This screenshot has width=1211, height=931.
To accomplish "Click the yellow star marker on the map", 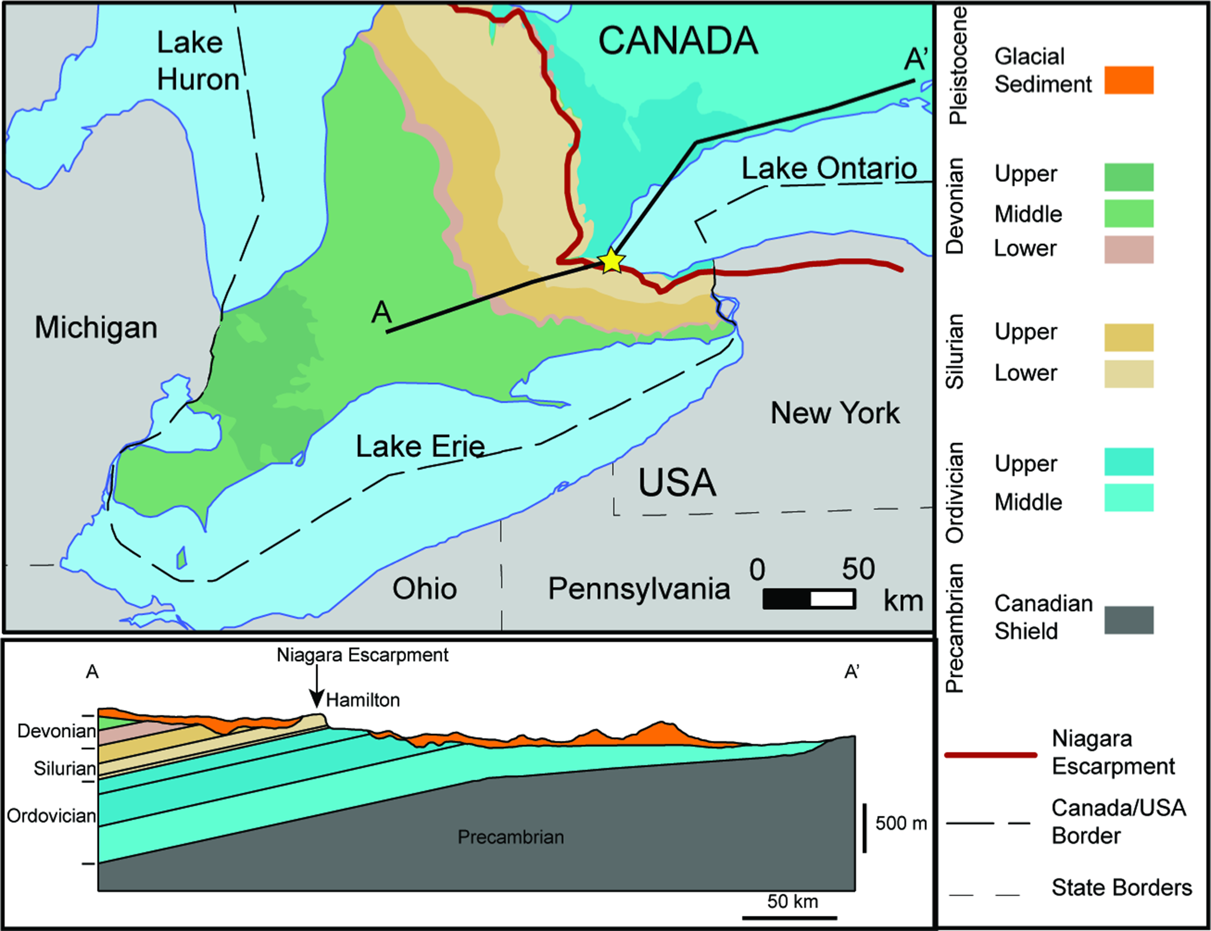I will coord(611,261).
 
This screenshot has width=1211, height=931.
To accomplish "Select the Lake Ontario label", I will coord(829,169).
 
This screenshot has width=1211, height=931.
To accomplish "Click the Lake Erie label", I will coord(420,447).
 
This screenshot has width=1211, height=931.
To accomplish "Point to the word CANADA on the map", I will coord(678,41).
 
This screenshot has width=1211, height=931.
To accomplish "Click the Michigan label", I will coord(96,327).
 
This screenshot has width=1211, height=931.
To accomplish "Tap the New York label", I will coord(835,413).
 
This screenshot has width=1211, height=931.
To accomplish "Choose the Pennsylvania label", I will coord(639,589).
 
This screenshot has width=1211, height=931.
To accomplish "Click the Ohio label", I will coord(425,589).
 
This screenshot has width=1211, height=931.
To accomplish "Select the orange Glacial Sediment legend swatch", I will coord(1129,80).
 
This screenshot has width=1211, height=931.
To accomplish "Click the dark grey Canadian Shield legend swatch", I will coord(1129,620).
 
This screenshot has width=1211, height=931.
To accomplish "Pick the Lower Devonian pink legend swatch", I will coord(1129,250).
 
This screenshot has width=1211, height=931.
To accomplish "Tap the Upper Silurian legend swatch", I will coord(1129,338).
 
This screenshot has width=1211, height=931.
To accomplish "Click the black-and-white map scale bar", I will coord(809,599).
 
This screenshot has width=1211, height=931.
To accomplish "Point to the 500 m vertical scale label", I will coord(901,824).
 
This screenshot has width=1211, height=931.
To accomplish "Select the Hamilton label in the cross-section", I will coord(363,701).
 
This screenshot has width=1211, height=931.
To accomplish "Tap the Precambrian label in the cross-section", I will coord(511,837).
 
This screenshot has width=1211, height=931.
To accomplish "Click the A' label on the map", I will coord(916,59).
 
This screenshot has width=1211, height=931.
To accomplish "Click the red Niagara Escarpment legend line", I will coord(991,755).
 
